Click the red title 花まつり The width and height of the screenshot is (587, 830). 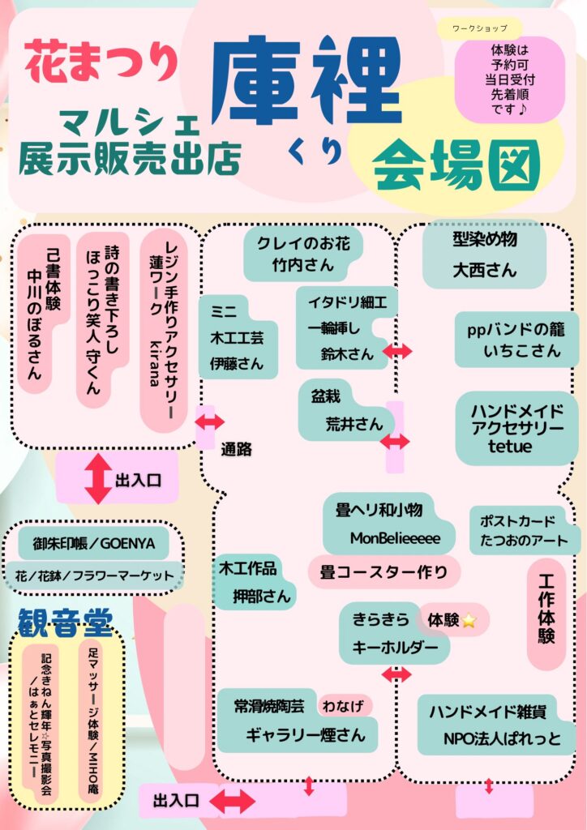tap(101, 63)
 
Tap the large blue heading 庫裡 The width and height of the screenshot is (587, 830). tap(306, 79)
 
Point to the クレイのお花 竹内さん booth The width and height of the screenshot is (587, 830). tap(303, 254)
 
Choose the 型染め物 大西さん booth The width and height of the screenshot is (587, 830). tap(485, 255)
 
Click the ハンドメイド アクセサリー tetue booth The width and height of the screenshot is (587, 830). tap(516, 427)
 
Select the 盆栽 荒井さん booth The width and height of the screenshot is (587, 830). tap(345, 412)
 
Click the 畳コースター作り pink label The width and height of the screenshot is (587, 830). tap(383, 572)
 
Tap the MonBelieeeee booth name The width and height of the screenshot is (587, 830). tap(395, 538)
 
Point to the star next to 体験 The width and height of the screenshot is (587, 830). tap(469, 621)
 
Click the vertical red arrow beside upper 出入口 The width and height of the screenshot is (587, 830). tap(98, 479)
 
